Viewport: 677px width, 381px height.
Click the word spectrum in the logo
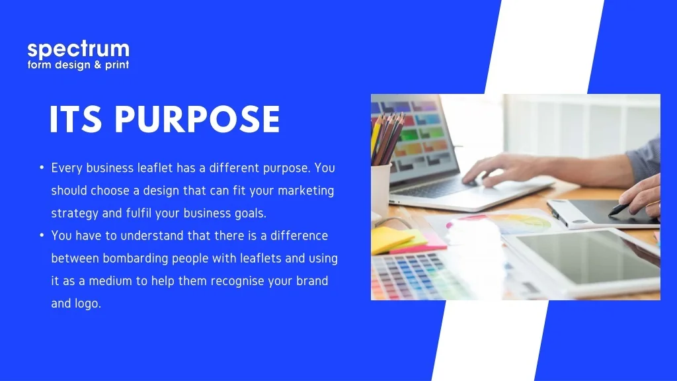point(78,50)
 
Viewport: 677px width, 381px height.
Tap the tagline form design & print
point(78,65)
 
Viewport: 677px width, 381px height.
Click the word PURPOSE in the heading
point(197,119)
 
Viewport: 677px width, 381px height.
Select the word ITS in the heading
point(75,119)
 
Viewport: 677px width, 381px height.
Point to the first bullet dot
point(42,167)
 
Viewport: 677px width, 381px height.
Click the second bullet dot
point(42,235)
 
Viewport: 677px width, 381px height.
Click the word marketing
point(305,191)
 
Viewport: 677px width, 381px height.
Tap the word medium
point(110,280)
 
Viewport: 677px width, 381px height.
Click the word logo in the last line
point(88,304)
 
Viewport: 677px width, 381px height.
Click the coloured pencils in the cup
point(387,138)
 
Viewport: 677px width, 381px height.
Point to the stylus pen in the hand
point(620,210)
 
